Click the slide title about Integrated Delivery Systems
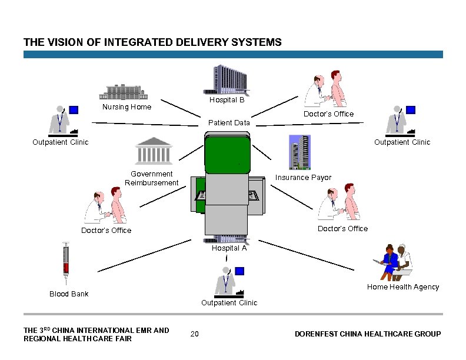(152, 42)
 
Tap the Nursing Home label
(127, 107)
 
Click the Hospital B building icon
(226, 80)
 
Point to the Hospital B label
(227, 100)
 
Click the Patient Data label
(229, 123)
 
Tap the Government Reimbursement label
(151, 178)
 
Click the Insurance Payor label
(304, 178)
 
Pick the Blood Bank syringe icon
(66, 262)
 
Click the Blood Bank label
(69, 294)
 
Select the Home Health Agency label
(402, 287)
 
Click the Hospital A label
(229, 248)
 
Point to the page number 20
(195, 334)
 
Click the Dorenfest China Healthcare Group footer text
(367, 334)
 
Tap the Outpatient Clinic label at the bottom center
(229, 303)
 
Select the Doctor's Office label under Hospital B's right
(328, 114)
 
